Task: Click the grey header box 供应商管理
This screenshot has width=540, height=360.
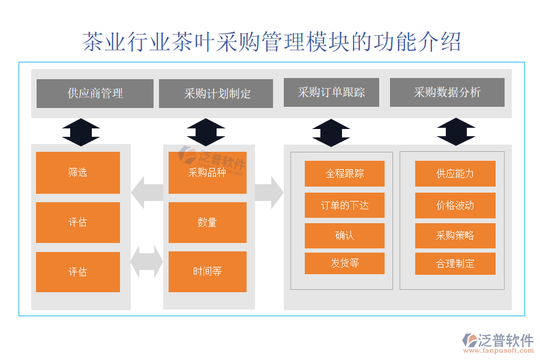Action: pos(95,94)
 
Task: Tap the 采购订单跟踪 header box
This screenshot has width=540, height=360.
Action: pos(331,92)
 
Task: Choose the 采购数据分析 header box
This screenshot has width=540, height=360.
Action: pos(447,92)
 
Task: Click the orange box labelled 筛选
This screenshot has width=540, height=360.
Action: pos(78,173)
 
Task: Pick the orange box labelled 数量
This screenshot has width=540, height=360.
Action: pos(207,223)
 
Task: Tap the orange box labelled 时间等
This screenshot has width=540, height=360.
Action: pos(207,271)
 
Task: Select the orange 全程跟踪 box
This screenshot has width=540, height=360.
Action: pos(344,174)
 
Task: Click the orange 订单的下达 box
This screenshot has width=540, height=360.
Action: pos(344,205)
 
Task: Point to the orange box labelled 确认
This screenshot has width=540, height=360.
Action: pos(344,236)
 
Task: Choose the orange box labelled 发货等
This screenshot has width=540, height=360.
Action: pos(344,263)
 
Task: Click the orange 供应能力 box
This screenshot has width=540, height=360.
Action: pos(455,174)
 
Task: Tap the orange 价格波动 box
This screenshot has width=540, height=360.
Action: pos(455,205)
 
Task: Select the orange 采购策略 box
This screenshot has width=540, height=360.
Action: pos(455,236)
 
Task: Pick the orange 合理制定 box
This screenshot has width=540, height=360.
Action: pos(455,263)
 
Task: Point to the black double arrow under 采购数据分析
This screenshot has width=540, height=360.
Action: pos(456,132)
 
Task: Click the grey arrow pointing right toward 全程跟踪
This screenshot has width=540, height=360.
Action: pos(269,193)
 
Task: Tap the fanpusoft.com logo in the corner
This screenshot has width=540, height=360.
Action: pos(497,344)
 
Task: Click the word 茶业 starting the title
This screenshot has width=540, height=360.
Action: pos(101,42)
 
